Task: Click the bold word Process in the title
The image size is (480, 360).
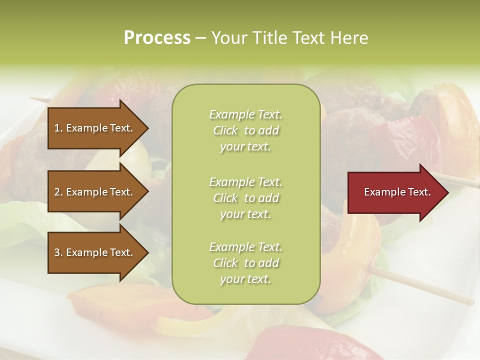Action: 157,37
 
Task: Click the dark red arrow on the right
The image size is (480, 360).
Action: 395,192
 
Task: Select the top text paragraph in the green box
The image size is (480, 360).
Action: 245,130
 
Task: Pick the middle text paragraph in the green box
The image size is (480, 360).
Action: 245,198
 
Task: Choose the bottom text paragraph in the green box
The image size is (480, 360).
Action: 245,263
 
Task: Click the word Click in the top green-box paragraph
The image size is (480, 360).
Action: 225,130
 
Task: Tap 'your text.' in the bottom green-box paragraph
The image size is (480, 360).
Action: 245,279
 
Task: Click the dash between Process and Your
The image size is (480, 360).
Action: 200,38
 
